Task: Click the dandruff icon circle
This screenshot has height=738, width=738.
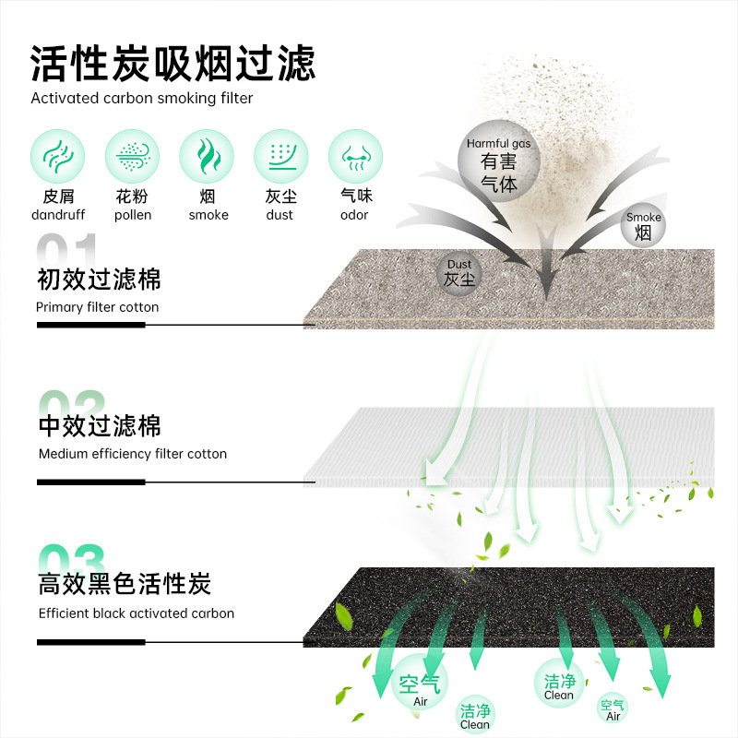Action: [57, 155]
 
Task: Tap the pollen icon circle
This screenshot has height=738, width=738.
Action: [132, 155]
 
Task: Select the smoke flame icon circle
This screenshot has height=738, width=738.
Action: [207, 155]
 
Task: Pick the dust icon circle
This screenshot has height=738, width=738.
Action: [280, 155]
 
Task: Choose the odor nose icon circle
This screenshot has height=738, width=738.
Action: [355, 155]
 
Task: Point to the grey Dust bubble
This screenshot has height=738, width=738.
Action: [459, 273]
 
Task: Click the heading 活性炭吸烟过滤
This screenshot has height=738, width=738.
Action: [173, 63]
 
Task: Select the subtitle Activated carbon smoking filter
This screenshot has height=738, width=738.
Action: [142, 98]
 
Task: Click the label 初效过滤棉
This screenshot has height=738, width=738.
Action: [99, 279]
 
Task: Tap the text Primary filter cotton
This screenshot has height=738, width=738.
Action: [98, 307]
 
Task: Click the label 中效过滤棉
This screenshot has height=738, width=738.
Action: [100, 425]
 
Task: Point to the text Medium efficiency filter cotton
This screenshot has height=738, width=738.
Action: [133, 454]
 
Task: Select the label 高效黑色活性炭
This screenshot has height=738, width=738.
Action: [125, 584]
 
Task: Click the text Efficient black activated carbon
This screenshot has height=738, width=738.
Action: [137, 613]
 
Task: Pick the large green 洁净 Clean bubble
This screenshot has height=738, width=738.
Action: [559, 684]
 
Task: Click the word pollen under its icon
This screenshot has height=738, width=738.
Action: [133, 216]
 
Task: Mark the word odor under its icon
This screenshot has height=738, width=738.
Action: [354, 216]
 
